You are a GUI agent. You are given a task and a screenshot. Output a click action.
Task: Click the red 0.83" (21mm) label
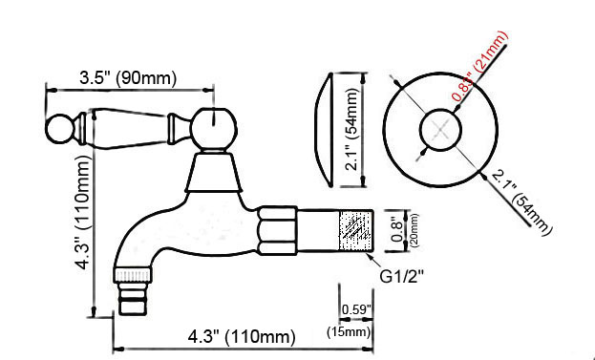(479, 69)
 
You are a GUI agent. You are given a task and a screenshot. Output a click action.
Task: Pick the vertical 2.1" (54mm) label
(353, 129)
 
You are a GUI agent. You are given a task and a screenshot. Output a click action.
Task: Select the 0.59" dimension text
(355, 309)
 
